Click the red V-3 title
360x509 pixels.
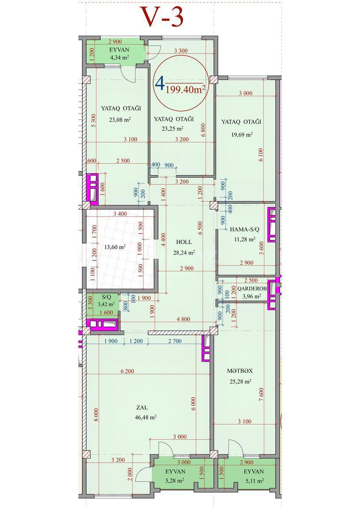coord(163,17)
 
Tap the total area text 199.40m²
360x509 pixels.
coord(186,89)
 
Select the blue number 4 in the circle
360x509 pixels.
coord(160,84)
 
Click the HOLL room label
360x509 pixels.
coord(184,242)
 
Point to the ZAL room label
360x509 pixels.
coord(142,408)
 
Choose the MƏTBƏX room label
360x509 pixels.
coord(240,371)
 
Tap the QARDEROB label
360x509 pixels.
coord(252,288)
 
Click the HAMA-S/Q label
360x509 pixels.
coord(245,229)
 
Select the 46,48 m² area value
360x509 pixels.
coord(146,417)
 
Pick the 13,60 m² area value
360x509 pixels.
coord(115,247)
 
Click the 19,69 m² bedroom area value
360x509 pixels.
coord(242,134)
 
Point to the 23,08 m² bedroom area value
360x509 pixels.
coord(120,120)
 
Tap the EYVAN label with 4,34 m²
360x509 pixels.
coord(119,50)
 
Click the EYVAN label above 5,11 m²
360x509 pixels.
coord(253,472)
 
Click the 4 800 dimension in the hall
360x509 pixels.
coord(183,319)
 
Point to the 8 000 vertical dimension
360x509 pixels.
coord(96,415)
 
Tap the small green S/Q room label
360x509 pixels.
coord(106,297)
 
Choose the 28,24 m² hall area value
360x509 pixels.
coord(184,252)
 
